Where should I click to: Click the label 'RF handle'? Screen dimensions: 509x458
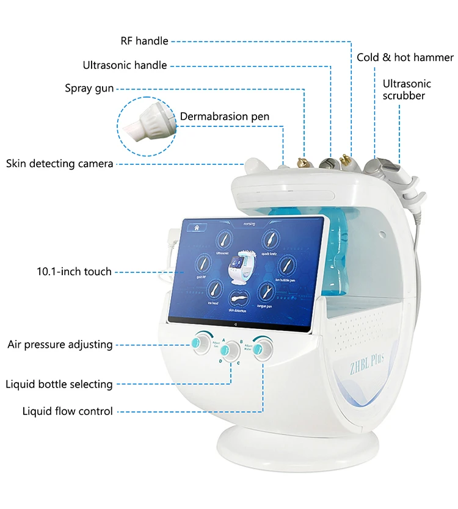tap(144, 42)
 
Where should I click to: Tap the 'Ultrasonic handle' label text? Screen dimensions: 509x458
tap(125, 65)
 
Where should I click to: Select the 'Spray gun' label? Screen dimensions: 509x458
tap(89, 88)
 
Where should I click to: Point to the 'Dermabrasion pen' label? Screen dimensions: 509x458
tap(224, 117)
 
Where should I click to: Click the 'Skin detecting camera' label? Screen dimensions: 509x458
tap(59, 164)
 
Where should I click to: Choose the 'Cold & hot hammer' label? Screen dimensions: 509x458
tap(405, 57)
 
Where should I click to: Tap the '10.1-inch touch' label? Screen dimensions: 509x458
tap(74, 271)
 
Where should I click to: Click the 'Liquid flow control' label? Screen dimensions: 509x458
tap(68, 411)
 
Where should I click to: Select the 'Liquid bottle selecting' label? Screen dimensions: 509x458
tap(59, 384)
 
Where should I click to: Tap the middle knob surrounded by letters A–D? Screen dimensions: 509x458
tap(230, 350)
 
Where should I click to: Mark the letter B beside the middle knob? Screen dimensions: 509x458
tap(242, 342)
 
